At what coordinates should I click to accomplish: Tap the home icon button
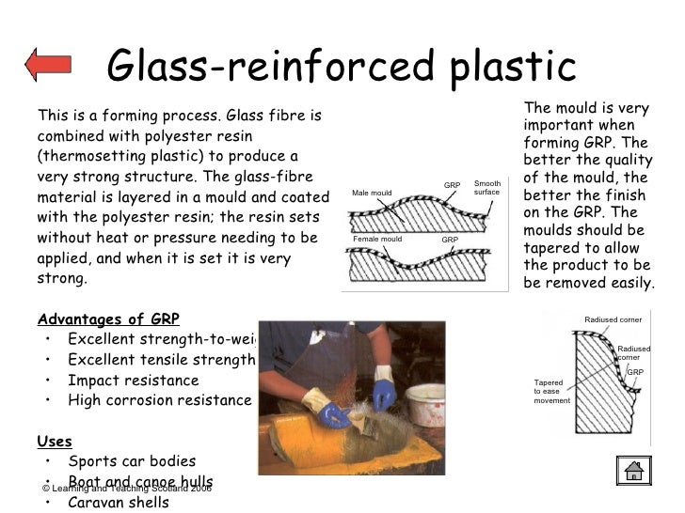(x=634, y=470)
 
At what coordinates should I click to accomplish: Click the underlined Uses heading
(x=54, y=441)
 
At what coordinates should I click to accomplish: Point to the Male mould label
(x=372, y=194)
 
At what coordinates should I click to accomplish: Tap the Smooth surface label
(x=487, y=188)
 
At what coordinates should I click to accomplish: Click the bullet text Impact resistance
(x=133, y=381)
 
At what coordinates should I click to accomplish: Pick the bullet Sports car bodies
(x=132, y=461)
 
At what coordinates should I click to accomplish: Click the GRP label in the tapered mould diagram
(x=635, y=372)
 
